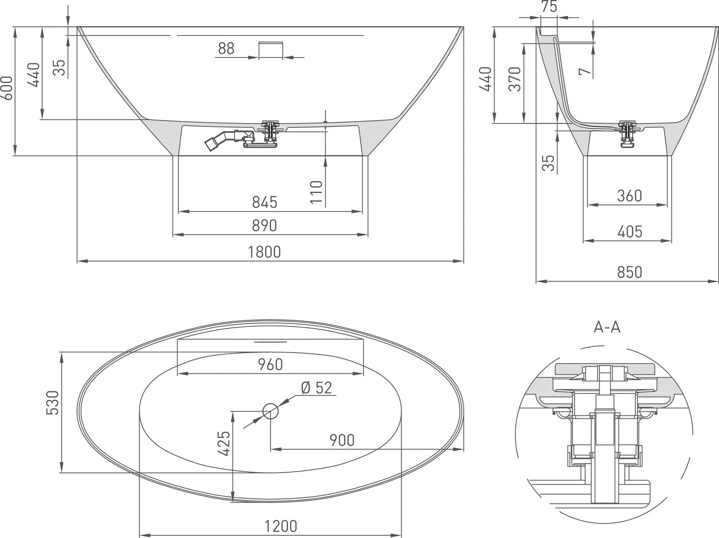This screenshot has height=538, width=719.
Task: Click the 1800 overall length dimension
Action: click(x=264, y=252)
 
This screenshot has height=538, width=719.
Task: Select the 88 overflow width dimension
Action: click(x=226, y=48)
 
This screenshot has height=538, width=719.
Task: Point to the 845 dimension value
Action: click(x=264, y=202)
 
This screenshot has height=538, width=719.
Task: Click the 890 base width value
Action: click(x=264, y=226)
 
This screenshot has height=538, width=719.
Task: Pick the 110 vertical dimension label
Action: click(x=316, y=192)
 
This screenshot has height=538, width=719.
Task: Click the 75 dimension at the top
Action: click(x=549, y=6)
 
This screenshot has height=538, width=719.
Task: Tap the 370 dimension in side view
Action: click(x=515, y=79)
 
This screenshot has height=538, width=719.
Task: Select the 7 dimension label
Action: click(x=585, y=71)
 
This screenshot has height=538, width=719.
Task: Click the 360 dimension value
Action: click(x=629, y=196)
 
